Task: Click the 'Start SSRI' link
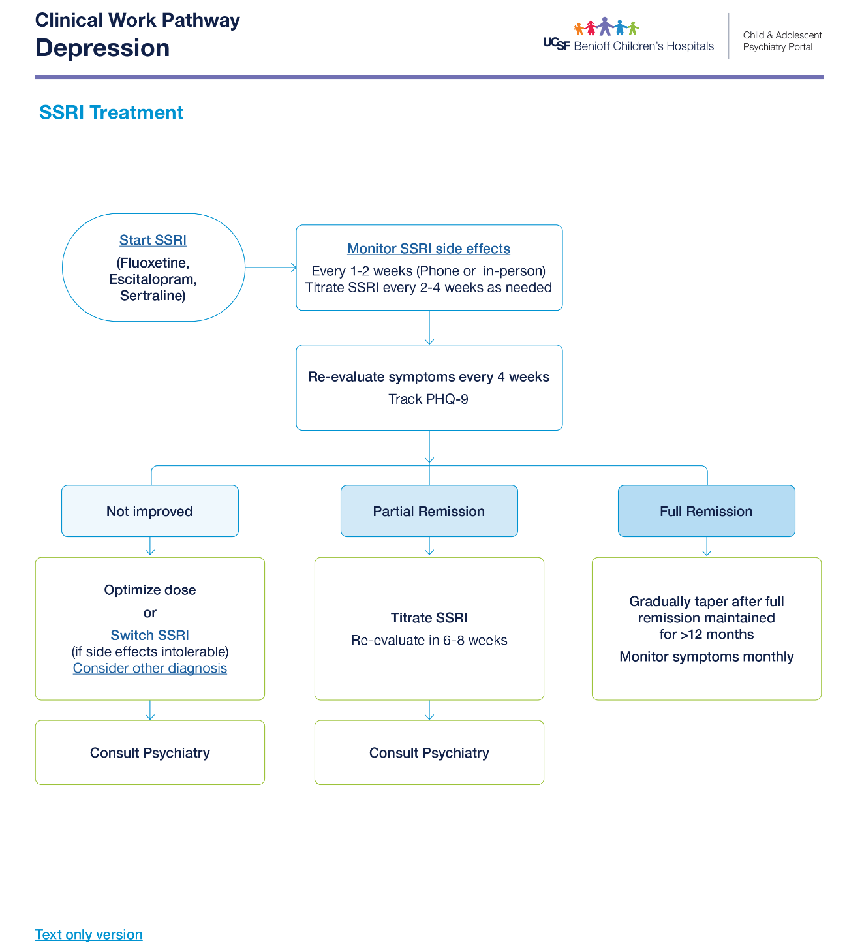coord(153,239)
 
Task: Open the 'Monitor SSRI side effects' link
coord(428,248)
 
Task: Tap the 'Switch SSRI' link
coord(149,634)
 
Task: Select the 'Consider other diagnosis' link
coord(149,667)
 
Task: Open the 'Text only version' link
coord(89,934)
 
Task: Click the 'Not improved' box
coord(149,511)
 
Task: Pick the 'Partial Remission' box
coord(429,511)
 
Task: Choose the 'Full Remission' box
coord(706,511)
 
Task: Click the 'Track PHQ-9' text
coord(427,399)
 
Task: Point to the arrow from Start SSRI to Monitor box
coord(271,268)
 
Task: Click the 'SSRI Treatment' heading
coord(111,112)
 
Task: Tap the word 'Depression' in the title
coord(102,48)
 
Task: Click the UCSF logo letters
coord(556,44)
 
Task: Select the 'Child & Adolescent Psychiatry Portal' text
coord(782,41)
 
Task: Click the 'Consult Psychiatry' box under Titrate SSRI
coord(429,752)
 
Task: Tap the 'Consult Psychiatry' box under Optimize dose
coord(149,752)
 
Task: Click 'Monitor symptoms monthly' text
coord(706,656)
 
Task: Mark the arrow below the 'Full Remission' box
coord(706,546)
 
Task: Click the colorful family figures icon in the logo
coord(606,26)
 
